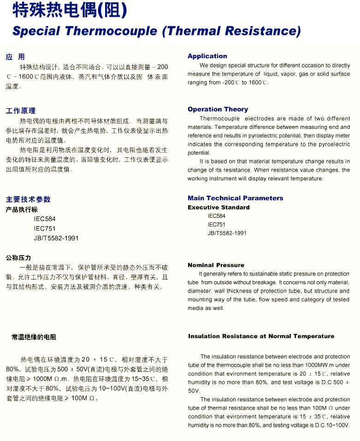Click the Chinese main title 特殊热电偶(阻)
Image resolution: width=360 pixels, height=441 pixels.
(x=69, y=10)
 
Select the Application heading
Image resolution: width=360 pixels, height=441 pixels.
(x=207, y=56)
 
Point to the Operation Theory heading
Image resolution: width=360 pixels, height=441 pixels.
(x=218, y=109)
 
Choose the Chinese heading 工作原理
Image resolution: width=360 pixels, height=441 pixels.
(x=21, y=111)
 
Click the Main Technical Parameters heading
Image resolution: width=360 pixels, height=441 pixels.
(x=235, y=198)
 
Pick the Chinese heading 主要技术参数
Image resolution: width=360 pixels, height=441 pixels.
(x=28, y=199)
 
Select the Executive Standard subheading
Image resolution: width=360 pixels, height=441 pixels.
(x=218, y=207)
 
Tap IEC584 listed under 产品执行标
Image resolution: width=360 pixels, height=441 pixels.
(x=45, y=219)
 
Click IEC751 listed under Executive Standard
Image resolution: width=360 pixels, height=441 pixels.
(x=217, y=224)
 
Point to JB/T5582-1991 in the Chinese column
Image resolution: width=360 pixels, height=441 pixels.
(x=56, y=238)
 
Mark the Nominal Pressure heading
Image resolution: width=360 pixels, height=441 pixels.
(x=216, y=265)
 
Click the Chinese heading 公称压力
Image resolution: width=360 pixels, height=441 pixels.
(x=18, y=257)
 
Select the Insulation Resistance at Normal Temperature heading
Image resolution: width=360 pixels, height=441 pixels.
(x=261, y=336)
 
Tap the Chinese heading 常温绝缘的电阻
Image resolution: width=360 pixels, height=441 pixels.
(x=34, y=337)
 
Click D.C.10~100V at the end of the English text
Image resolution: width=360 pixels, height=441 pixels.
(x=332, y=425)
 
